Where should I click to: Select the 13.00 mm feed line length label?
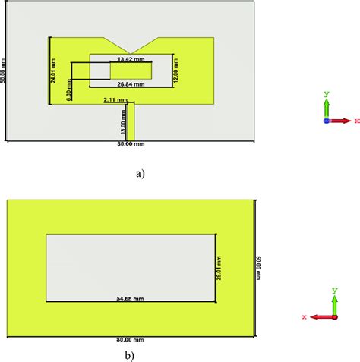pyautogui.click(x=125, y=120)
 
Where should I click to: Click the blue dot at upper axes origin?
pyautogui.click(x=327, y=120)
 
